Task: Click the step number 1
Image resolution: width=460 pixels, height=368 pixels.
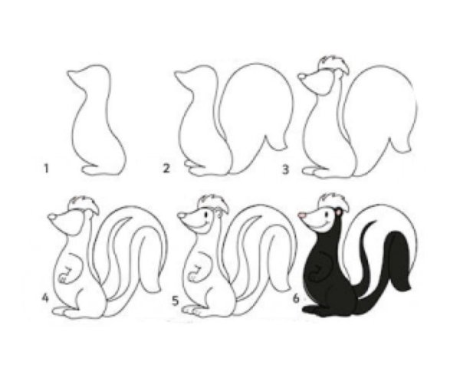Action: (46, 169)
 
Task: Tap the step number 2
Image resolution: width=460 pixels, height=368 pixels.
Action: (166, 169)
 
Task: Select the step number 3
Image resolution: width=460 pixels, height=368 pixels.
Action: (285, 169)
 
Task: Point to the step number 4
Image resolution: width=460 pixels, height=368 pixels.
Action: (45, 298)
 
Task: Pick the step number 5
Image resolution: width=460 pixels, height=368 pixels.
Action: (175, 301)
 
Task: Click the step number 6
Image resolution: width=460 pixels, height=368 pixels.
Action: (296, 298)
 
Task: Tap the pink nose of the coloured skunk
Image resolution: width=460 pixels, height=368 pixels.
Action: (302, 215)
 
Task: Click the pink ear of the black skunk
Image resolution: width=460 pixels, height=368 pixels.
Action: (339, 212)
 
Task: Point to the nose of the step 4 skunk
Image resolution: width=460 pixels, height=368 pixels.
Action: (52, 216)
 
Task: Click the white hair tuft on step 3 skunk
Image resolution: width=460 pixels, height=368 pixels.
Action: (333, 64)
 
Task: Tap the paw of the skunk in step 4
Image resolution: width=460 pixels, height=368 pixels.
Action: (63, 278)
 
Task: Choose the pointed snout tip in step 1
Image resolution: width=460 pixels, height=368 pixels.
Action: (69, 72)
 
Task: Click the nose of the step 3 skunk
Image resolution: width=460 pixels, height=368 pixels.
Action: (302, 77)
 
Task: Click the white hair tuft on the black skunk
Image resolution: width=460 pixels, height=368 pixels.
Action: (334, 202)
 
